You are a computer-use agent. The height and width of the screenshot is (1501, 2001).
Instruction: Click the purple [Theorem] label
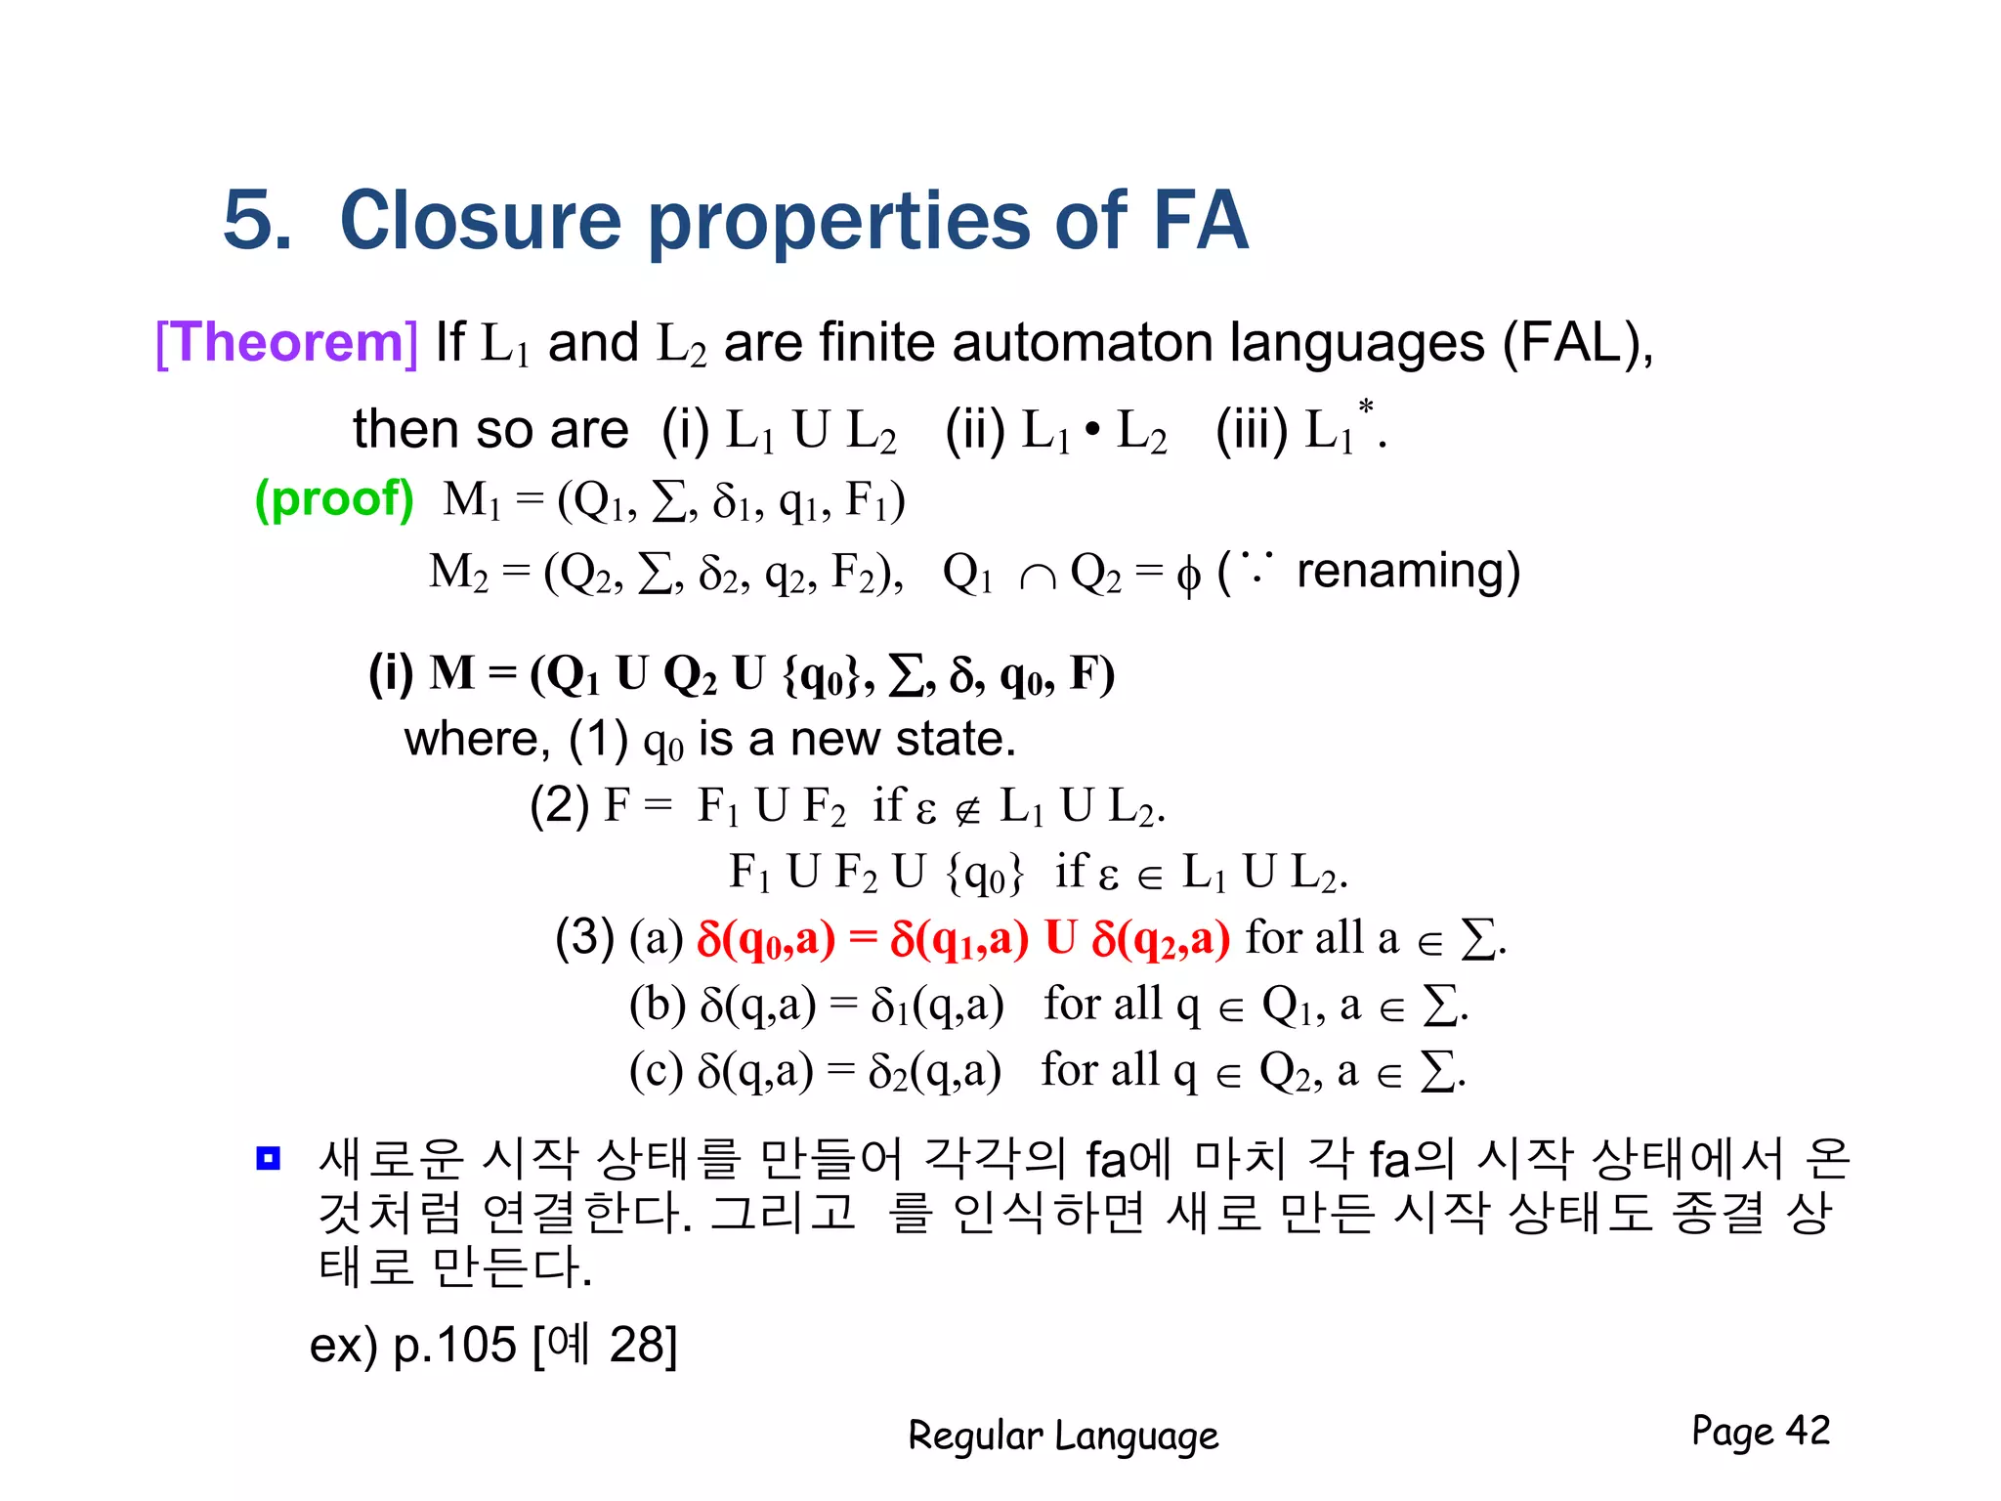click(x=286, y=343)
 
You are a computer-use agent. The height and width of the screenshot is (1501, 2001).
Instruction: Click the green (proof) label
click(x=334, y=499)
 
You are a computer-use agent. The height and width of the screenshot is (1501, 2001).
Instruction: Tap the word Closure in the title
click(x=480, y=221)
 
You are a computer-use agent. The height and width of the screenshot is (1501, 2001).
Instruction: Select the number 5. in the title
click(x=257, y=221)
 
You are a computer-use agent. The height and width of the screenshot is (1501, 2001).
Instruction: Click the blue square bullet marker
click(x=268, y=1158)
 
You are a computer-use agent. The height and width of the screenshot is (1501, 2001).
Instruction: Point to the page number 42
click(x=1808, y=1431)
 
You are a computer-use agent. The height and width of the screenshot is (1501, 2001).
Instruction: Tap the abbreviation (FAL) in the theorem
click(x=1575, y=343)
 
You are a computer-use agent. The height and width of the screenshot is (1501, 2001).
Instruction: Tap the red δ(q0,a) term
click(x=766, y=939)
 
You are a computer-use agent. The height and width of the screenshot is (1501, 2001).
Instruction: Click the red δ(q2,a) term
click(x=1161, y=939)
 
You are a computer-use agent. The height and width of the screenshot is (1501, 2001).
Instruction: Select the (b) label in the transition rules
click(x=657, y=1005)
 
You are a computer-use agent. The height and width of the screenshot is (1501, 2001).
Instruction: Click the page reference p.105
click(x=453, y=1345)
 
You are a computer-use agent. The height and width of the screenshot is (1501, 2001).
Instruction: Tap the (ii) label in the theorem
click(x=974, y=430)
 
